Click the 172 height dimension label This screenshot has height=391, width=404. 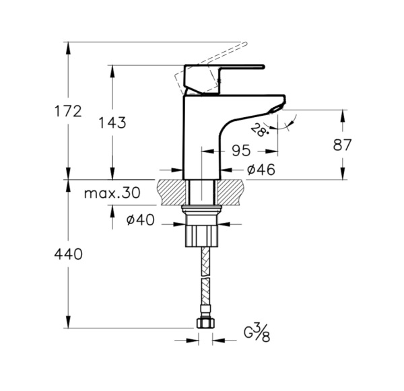point(68,111)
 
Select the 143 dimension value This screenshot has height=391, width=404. point(112,122)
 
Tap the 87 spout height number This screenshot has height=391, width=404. point(342,145)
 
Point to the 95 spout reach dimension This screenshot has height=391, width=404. point(241,150)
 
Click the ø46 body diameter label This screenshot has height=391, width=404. point(261,170)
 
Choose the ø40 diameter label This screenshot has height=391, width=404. point(141,219)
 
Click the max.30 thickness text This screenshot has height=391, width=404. point(112,192)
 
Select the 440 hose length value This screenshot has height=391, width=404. point(68,254)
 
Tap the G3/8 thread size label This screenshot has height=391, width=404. point(257,334)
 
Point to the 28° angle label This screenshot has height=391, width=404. point(259,130)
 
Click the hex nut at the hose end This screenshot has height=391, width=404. point(205,323)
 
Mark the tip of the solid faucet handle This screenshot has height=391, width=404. point(263,67)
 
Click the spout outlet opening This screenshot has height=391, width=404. point(275,110)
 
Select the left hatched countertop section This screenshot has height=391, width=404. point(171,192)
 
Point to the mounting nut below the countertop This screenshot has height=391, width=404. point(201,227)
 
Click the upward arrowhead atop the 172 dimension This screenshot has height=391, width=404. point(68,48)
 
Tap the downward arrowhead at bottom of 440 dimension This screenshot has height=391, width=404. point(68,322)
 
